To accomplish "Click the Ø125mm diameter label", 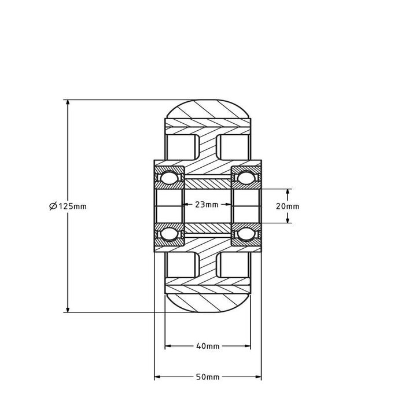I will pos(68,206).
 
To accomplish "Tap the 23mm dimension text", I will pos(207,205).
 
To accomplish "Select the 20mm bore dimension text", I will pos(288,206).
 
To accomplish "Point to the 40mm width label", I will pos(208,347).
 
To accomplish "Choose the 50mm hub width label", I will pos(208,377).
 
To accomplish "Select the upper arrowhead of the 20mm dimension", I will pos(288,192).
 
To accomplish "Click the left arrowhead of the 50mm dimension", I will pos(157,377).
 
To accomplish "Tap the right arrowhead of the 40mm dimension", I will pos(248,347).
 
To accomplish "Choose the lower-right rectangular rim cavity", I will pos(234,266).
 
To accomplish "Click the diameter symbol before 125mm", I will pos(53,206).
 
